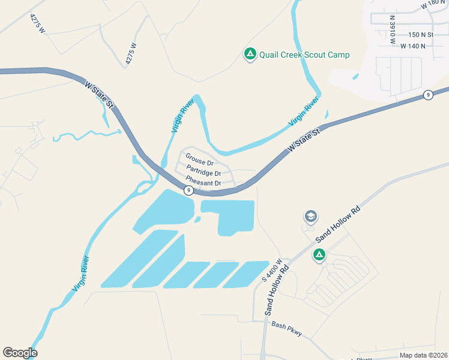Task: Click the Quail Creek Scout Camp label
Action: [x=304, y=55]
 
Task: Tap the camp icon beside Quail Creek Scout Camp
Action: [x=250, y=54]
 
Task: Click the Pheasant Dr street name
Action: [x=203, y=181]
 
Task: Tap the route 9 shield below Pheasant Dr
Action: [x=188, y=190]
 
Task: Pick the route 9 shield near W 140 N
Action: [x=427, y=95]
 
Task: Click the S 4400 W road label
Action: [x=271, y=271]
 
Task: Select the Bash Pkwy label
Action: [x=286, y=329]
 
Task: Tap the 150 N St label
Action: [x=421, y=35]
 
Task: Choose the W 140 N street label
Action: [x=417, y=46]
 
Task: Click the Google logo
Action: [x=20, y=353]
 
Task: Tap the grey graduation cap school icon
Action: [x=310, y=216]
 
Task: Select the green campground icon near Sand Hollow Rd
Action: [x=319, y=256]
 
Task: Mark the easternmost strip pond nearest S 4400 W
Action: [x=246, y=274]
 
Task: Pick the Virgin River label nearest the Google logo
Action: [x=80, y=274]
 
